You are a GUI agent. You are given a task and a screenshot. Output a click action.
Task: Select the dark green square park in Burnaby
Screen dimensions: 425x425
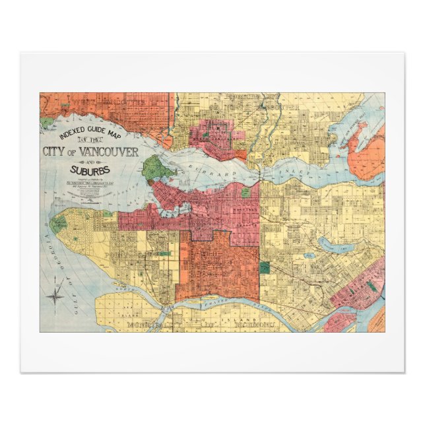tap(265, 267)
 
